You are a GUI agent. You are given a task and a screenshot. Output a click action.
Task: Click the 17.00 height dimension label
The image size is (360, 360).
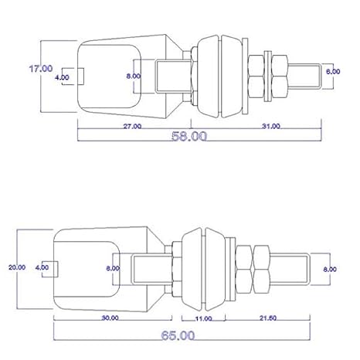point(41,69)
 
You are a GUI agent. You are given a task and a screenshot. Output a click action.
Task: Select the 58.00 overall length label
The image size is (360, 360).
point(189,136)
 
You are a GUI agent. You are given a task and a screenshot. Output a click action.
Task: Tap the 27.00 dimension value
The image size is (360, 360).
point(132,127)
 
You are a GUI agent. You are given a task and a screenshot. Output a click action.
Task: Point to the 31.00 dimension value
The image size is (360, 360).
point(271,126)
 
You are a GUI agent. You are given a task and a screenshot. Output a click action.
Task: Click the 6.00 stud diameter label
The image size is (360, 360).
point(333,71)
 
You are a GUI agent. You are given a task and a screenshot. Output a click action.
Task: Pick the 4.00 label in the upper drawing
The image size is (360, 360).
point(62,77)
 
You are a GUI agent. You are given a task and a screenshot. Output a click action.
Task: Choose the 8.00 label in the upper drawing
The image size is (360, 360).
point(134,76)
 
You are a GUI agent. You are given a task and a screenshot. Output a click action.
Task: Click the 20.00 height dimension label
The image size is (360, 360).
point(17,267)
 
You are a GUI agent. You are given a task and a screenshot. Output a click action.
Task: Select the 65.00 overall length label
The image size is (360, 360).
point(178,335)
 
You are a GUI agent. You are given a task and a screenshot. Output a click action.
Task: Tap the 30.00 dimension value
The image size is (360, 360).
point(110,318)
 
